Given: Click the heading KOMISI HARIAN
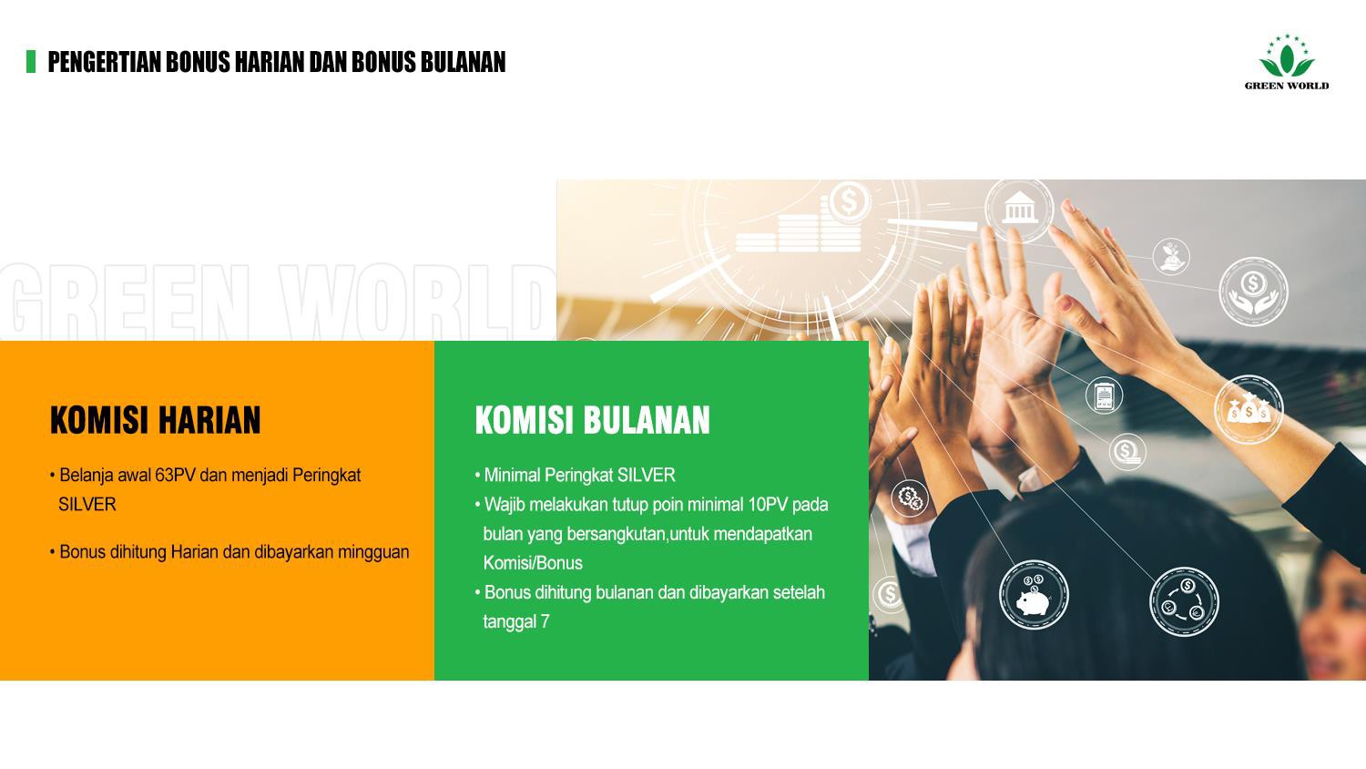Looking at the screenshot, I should pos(155,420).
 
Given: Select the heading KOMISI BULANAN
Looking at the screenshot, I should pos(592,420).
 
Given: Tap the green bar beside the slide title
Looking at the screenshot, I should pos(31,61).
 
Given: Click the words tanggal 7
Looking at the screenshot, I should pos(516,621).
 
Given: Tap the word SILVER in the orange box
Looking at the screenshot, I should pos(87,505).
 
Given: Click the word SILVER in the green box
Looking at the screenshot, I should pos(646,476).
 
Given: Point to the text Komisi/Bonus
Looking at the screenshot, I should pos(533,563).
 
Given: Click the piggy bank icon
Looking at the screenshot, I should pos(1034,595).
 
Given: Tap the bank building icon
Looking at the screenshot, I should pos(1019,210).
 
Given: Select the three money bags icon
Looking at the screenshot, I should pos(1248,409).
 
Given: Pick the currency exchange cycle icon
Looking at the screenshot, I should pos(1183,600).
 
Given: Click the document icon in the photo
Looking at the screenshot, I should pos(1104,396).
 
